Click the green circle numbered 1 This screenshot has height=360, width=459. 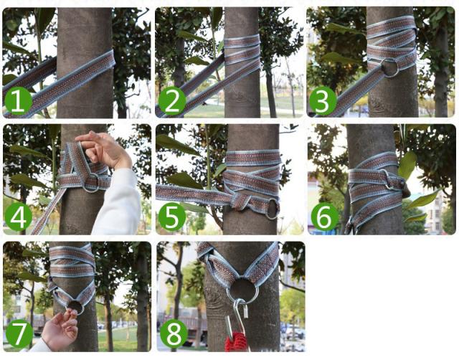point(17,101)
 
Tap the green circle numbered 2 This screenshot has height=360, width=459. point(172,101)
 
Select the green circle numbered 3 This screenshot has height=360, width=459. point(322,101)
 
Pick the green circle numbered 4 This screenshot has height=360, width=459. point(19,217)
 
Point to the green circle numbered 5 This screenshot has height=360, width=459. point(172,217)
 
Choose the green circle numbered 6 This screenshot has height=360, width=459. point(324,217)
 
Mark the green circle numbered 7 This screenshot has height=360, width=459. point(19,334)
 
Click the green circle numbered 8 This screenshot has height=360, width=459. point(174,334)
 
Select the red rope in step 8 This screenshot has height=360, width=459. point(235,341)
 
